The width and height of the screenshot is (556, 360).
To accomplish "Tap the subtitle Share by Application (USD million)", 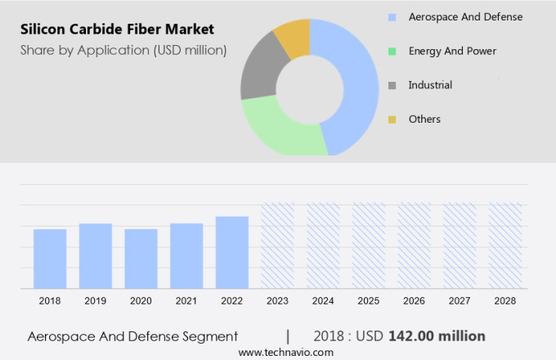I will click(x=123, y=51).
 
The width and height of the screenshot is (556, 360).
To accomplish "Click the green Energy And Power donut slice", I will click(x=278, y=131).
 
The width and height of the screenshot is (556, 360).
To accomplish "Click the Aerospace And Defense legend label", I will click(x=464, y=16).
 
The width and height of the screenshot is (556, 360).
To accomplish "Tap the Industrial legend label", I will click(x=430, y=85).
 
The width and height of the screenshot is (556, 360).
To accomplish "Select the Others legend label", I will click(x=424, y=119).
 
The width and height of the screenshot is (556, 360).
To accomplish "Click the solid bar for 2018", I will click(x=50, y=259).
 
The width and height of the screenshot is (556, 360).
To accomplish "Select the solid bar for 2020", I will click(x=141, y=259).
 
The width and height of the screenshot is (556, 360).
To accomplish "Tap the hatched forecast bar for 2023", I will click(x=277, y=245).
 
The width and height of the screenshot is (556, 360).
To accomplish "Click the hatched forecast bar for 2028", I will click(x=505, y=245).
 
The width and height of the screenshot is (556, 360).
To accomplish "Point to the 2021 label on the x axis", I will click(x=186, y=301).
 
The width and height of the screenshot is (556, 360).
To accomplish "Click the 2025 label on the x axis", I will click(x=369, y=301).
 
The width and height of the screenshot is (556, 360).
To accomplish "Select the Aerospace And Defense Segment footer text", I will click(x=132, y=336).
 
